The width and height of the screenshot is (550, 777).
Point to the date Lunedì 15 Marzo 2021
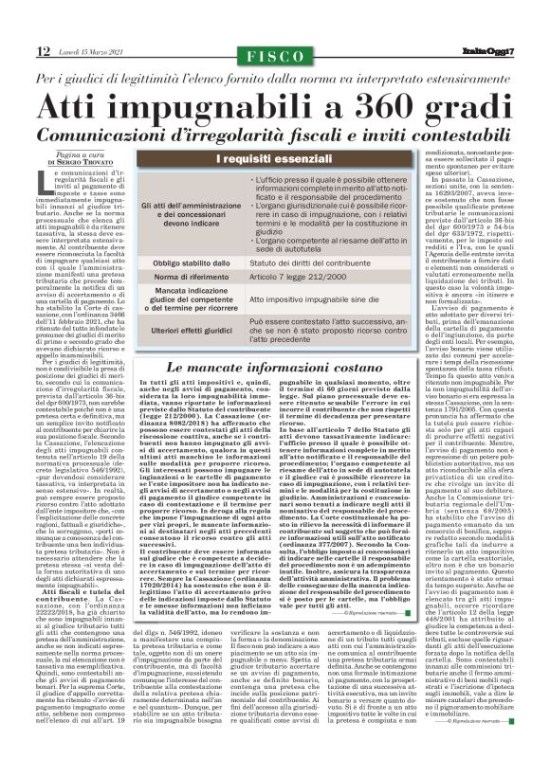tap(92, 53)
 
